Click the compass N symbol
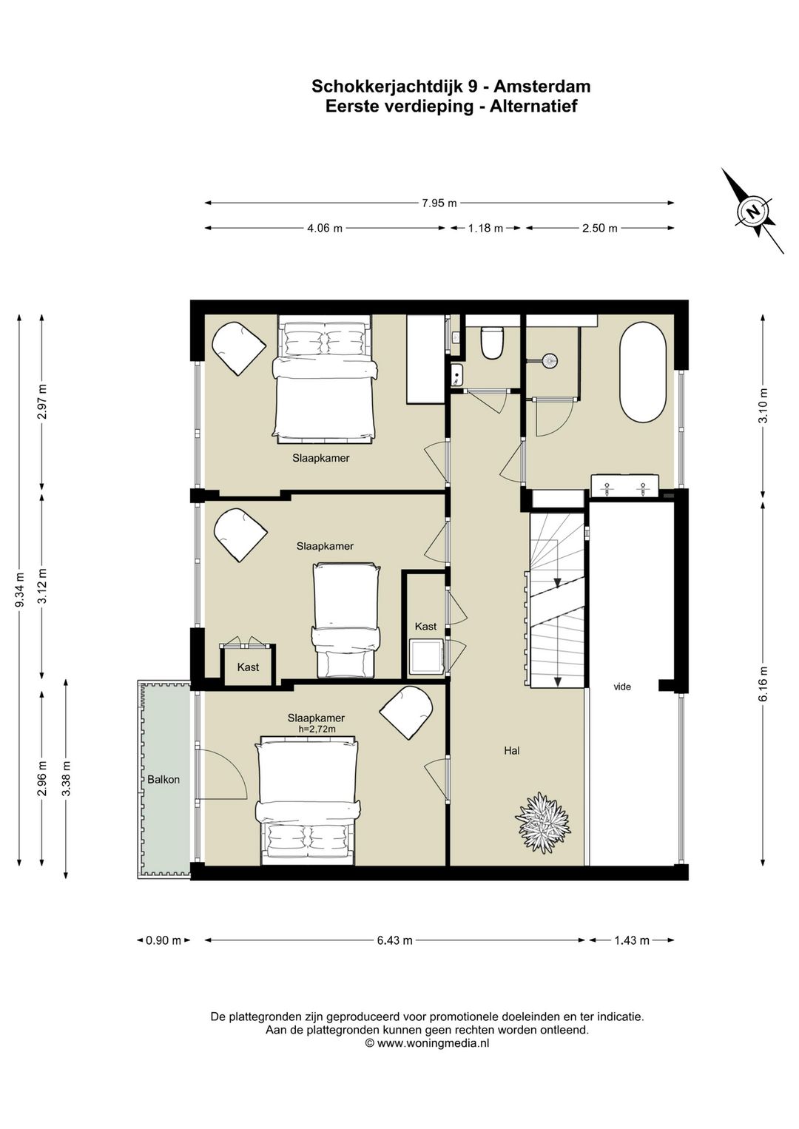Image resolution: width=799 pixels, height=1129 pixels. [x=754, y=211]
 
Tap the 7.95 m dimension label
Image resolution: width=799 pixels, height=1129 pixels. [x=439, y=203]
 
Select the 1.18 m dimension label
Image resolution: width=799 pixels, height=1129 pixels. [x=485, y=229]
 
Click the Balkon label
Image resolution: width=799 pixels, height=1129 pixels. [x=163, y=780]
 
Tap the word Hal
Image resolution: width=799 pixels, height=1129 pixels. [x=512, y=750]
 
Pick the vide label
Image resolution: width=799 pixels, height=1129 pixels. [x=622, y=687]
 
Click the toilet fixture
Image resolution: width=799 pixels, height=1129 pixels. [x=492, y=343]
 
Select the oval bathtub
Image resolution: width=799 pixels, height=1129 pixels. [x=642, y=373]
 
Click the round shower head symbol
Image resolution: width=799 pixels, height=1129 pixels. [x=548, y=360]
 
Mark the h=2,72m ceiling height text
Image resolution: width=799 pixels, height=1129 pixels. [x=316, y=729]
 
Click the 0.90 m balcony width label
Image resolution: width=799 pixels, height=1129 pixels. [x=163, y=940]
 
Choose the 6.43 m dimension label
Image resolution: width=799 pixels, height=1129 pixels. [x=395, y=940]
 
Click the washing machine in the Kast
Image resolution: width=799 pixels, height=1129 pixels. [x=426, y=656]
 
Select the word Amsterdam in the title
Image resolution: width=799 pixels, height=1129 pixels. [x=542, y=86]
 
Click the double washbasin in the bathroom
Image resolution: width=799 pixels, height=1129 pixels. [x=624, y=485]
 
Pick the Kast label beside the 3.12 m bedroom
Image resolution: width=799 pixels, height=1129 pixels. [x=248, y=667]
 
